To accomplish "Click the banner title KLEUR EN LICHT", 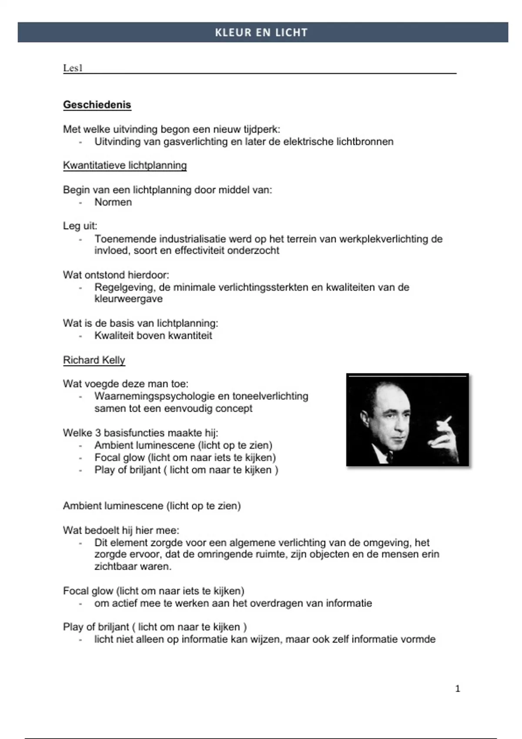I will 261,33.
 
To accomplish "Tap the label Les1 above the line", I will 73,68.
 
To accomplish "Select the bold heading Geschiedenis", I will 97,105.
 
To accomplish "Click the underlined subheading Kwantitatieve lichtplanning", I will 125,165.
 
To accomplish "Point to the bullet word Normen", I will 113,202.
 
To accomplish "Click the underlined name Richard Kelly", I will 94,360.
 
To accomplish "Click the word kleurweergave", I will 128,299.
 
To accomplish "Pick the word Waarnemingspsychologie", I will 154,396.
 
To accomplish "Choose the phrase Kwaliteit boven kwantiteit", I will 153,336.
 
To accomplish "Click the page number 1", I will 457,689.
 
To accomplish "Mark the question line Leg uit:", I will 80,226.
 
